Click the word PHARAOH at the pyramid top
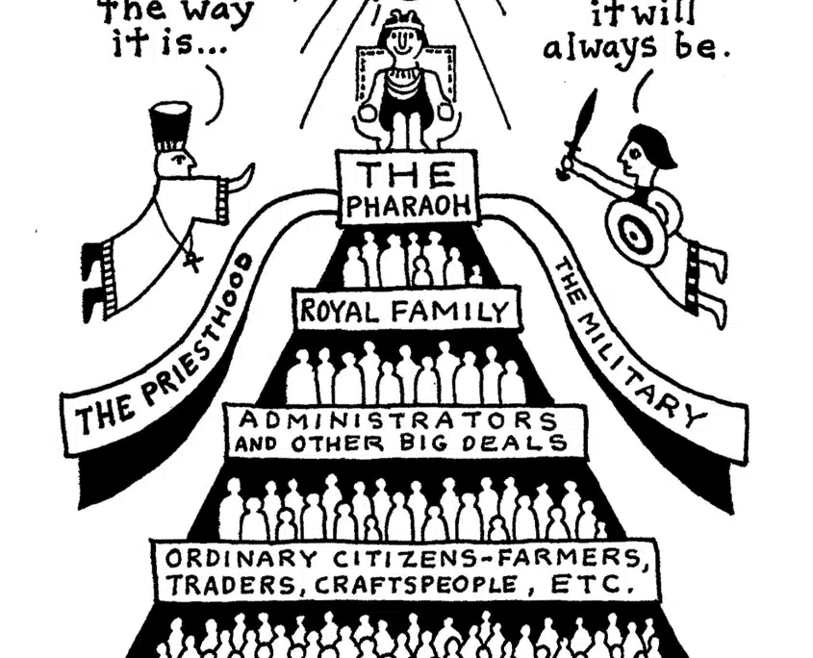tap(409, 206)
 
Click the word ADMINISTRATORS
tap(397, 420)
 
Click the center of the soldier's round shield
tap(634, 237)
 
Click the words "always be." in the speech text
tap(636, 48)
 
